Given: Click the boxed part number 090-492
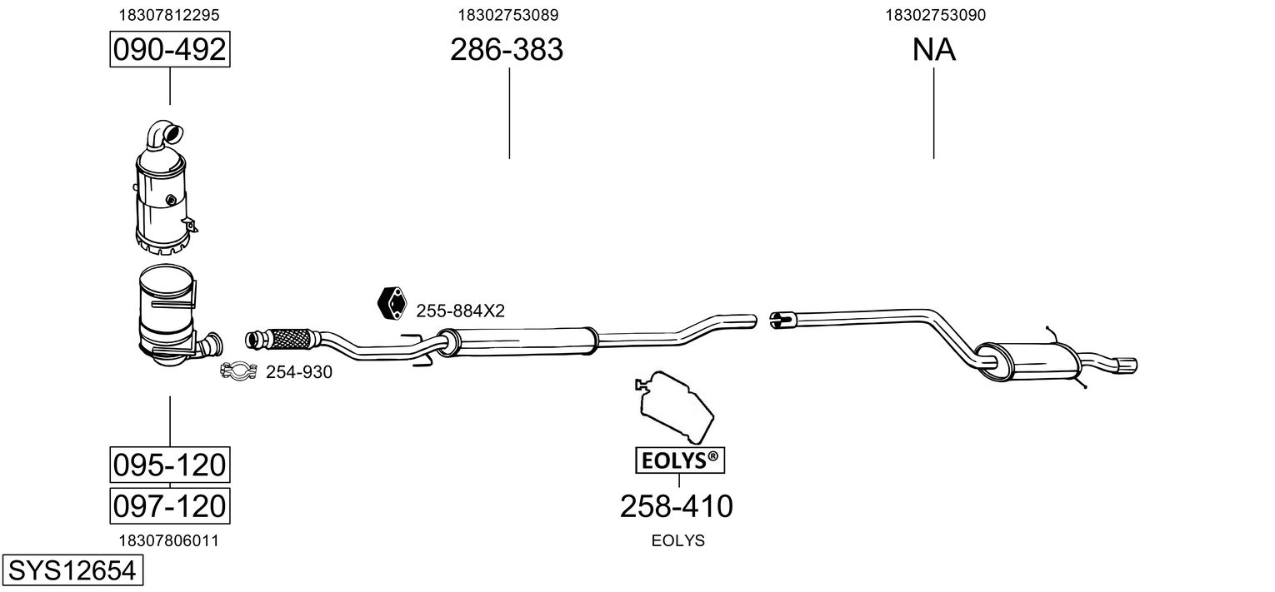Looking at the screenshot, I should click(x=170, y=51).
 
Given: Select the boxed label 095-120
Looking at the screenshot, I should click(x=170, y=465).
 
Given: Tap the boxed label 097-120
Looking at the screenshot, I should click(x=170, y=505).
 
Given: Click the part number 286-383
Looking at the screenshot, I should click(x=507, y=51).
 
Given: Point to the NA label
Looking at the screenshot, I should click(x=933, y=51).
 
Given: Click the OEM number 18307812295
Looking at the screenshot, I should click(x=170, y=15).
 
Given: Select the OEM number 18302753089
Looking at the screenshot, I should click(x=507, y=15).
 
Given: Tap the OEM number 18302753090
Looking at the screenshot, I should click(x=934, y=15).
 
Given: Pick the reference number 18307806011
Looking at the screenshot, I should click(x=170, y=540).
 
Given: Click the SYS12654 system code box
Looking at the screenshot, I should click(x=71, y=572).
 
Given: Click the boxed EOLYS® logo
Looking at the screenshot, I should click(x=677, y=460).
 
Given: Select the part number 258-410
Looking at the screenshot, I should click(x=677, y=505).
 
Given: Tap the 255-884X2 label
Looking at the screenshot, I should click(x=461, y=311).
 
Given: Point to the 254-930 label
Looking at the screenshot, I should click(x=299, y=372).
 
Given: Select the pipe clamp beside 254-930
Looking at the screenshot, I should click(x=238, y=371).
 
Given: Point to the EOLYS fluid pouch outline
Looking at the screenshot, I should click(x=674, y=405).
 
